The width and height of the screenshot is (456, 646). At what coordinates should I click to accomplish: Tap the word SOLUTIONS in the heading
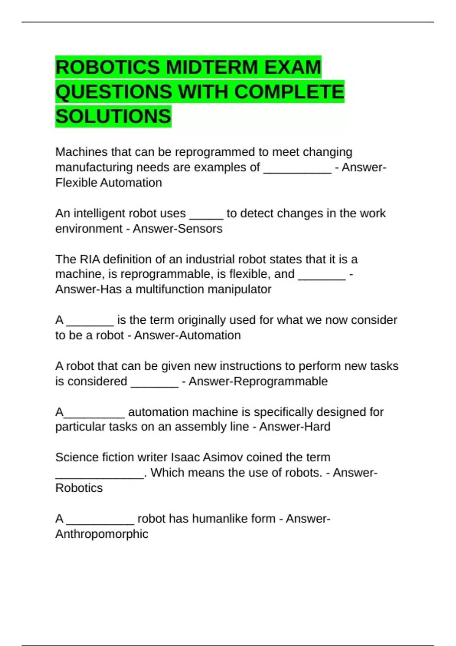tap(113, 116)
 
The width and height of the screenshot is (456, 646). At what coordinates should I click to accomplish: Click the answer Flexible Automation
tap(109, 183)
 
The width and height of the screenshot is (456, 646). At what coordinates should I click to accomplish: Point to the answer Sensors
tap(197, 229)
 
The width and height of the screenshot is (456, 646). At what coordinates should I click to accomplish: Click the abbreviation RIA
tap(90, 259)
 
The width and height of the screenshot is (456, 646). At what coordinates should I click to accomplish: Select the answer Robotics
tap(79, 488)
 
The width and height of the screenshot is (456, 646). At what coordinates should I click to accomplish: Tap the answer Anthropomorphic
tap(102, 534)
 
